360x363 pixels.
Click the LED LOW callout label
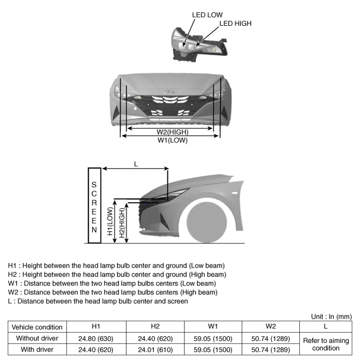coord(207,15)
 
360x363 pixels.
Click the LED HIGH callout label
coord(235,23)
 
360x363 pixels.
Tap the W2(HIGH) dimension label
coord(169,132)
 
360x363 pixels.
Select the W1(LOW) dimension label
coord(173,140)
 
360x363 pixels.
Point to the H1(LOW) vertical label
coord(110,222)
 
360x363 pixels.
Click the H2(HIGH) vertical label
coord(122,222)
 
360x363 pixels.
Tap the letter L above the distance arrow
coord(136,164)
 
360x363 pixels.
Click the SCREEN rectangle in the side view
coord(94,205)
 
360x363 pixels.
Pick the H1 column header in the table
coord(96,326)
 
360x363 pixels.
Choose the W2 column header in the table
coord(271,326)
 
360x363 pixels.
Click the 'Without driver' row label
coord(37,338)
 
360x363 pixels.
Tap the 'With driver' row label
coord(37,349)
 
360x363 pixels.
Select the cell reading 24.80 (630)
coord(96,338)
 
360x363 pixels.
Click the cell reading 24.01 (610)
coord(155,349)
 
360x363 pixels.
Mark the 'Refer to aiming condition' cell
coord(326,344)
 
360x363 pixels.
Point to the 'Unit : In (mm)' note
coord(331,316)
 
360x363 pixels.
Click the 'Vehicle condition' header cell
coord(37,327)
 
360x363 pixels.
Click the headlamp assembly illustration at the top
coord(198,44)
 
